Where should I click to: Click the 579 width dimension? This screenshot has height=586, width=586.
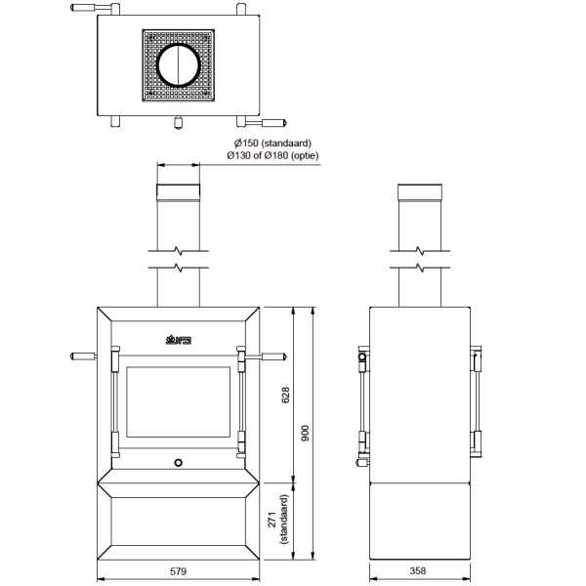tap(178, 570)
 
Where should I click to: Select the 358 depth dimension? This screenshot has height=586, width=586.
tap(419, 570)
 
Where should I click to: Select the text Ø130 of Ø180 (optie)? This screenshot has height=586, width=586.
tap(273, 155)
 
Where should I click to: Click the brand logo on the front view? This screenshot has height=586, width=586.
tap(179, 340)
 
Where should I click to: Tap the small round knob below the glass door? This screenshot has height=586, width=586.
tap(179, 462)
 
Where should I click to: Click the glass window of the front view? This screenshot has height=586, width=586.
tap(179, 402)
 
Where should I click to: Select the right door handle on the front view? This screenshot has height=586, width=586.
tap(264, 356)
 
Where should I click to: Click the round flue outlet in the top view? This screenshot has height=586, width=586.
tap(178, 65)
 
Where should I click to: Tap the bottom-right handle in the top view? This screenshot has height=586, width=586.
tap(271, 123)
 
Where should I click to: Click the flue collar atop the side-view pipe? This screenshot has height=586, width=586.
tap(419, 192)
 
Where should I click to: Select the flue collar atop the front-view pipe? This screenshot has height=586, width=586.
tap(179, 192)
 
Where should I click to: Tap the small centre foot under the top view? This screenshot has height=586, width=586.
tap(178, 122)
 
